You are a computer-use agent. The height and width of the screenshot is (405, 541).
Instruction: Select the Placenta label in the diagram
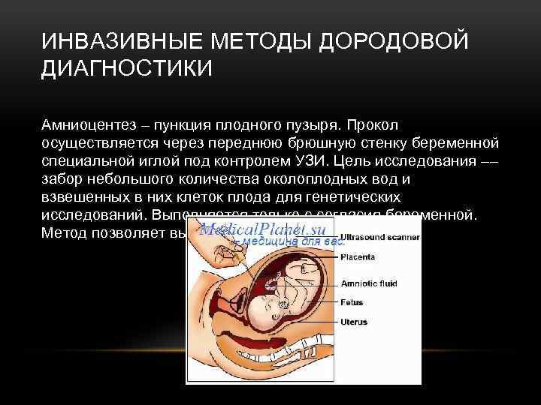coord(359,256)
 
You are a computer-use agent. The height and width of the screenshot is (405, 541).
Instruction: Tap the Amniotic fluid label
coord(368,283)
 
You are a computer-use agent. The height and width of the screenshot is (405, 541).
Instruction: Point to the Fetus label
coord(352,302)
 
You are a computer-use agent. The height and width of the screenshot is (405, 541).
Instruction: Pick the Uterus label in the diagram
coord(354,322)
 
